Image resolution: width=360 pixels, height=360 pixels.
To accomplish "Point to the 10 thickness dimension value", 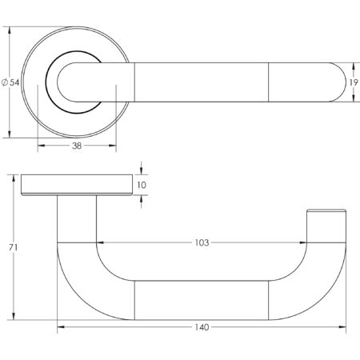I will [x=142, y=185].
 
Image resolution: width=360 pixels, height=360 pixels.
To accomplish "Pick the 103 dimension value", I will [x=203, y=242].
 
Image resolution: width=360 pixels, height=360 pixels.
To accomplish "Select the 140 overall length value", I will [x=203, y=328].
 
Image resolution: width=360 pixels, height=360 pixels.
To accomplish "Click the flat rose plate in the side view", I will [x=77, y=185].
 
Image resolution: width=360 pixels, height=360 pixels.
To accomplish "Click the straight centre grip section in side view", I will [x=203, y=295].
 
